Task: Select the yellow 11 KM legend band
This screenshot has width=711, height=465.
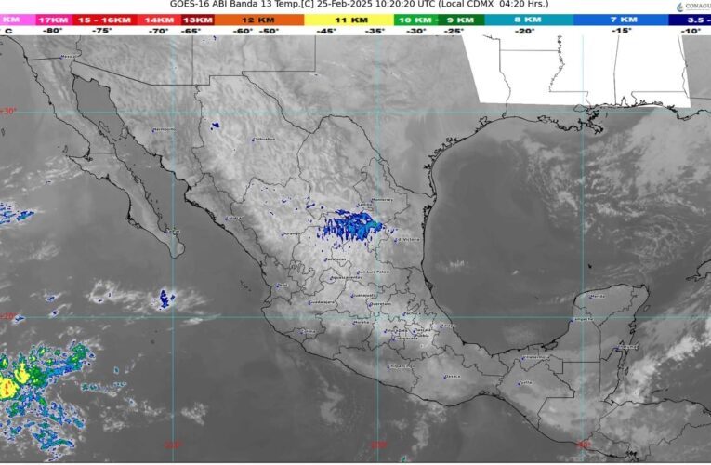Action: (349, 19)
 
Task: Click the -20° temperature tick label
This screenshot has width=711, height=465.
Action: (525, 31)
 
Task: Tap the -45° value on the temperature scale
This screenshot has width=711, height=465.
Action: (325, 31)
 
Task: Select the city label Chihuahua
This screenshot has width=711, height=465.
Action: (264, 139)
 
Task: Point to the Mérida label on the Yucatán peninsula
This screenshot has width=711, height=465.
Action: (597, 296)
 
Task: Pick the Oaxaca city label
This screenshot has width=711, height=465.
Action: (453, 376)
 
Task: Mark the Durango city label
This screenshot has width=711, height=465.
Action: (292, 233)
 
